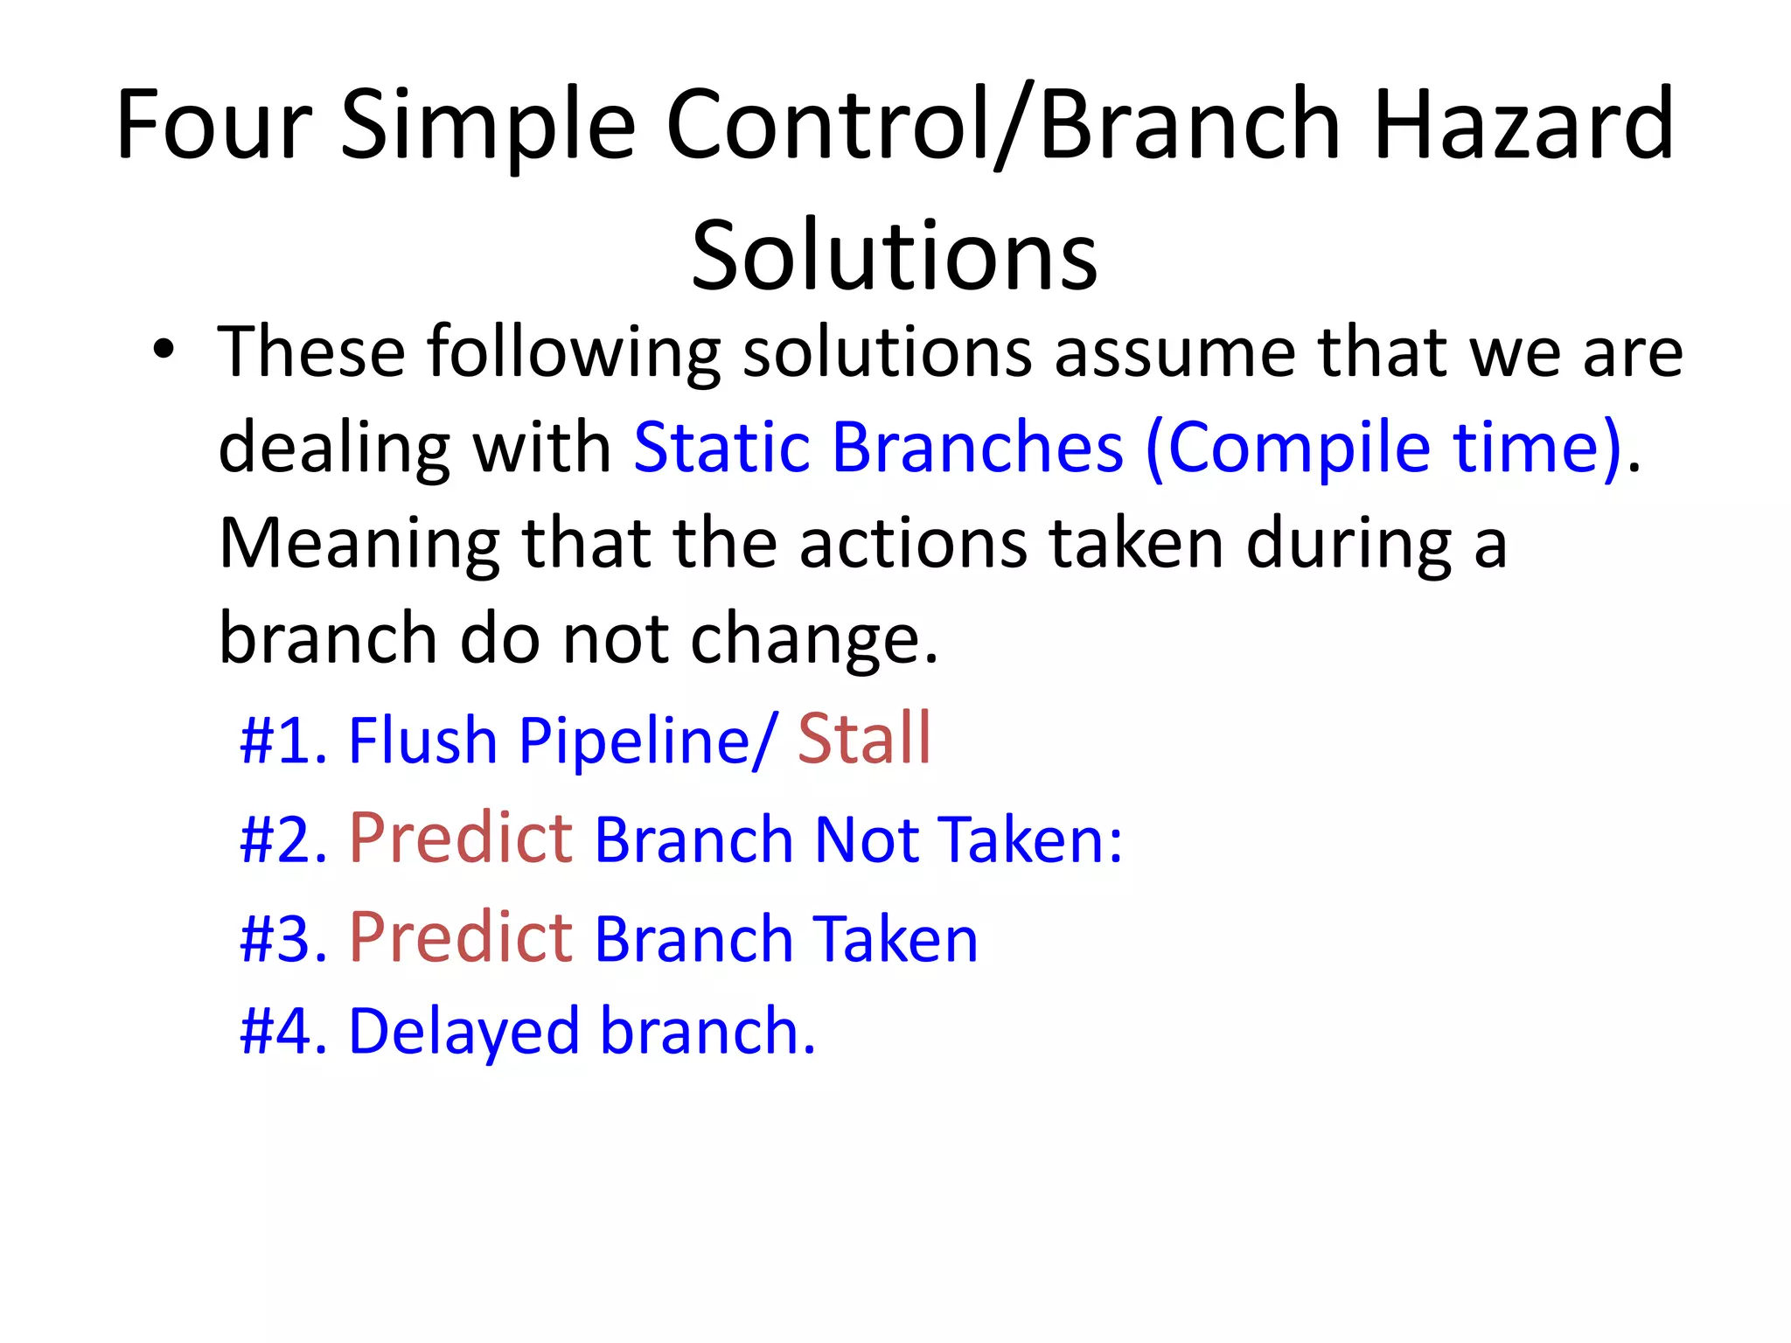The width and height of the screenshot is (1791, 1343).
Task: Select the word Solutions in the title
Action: pyautogui.click(x=894, y=256)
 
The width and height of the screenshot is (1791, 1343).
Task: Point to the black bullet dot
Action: pyautogui.click(x=164, y=350)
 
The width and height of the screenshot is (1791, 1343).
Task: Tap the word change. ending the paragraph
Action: pyautogui.click(x=813, y=639)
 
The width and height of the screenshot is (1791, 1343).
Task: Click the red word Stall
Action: pyautogui.click(x=864, y=740)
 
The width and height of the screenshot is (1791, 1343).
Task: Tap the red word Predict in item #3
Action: pyautogui.click(x=461, y=937)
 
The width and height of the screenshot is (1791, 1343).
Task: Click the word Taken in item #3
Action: pyautogui.click(x=895, y=938)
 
